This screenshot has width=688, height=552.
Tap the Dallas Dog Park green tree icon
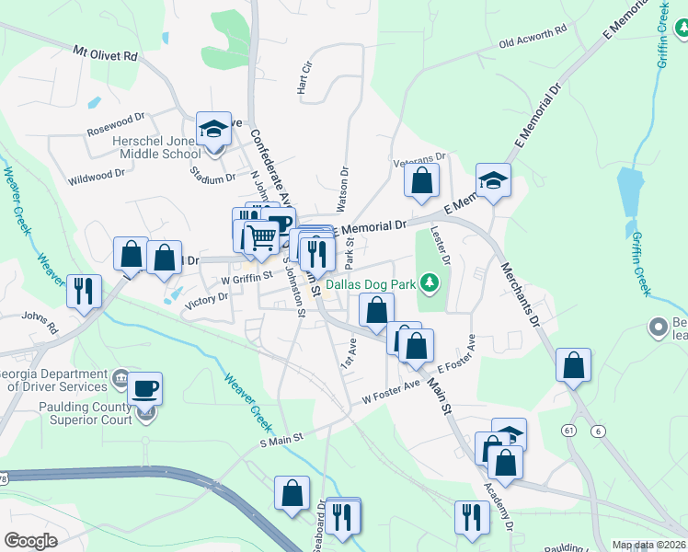click(428, 281)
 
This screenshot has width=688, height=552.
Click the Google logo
click(30, 541)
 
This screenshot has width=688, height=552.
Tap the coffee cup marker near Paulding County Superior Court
click(144, 388)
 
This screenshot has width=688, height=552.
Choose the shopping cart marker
click(262, 238)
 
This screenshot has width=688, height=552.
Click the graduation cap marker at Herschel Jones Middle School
click(214, 129)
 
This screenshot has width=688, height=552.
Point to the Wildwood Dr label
click(96, 175)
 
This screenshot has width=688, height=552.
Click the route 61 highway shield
click(570, 429)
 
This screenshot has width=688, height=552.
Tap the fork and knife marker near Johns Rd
click(84, 291)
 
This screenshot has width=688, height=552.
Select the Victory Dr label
click(206, 297)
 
